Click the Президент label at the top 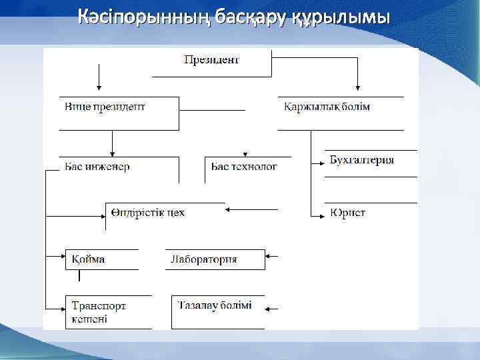211,60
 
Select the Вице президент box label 105,107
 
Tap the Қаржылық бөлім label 326,107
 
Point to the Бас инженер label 97,167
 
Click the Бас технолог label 243,167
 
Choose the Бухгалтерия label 362,160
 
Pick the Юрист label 347,213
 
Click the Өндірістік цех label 148,213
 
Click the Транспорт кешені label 99,312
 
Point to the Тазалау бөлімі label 215,305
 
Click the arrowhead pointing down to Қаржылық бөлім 358,86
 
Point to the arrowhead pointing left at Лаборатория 269,256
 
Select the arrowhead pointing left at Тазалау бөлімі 269,309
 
